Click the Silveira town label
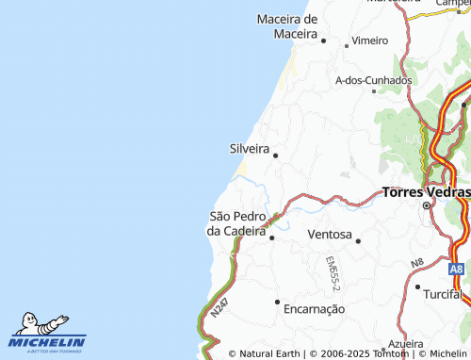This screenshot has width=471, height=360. pos(250,149)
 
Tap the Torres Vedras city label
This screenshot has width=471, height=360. pos(427,192)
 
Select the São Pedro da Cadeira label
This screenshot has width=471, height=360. pos(237,223)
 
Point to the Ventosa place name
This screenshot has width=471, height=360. pos(329,234)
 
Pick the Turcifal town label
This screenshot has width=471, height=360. pos(447,295)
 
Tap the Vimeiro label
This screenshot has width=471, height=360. pos(369,41)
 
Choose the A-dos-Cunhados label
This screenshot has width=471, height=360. pos(374,80)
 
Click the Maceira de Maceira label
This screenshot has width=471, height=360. pos(288,26)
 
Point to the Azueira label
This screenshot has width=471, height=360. pos(405,345)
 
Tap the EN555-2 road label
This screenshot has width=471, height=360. pos(333,271)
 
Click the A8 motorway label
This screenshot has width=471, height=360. pos(456,270)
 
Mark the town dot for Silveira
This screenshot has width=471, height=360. pos(275,155)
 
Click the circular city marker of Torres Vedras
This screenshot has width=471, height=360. pos(426,205)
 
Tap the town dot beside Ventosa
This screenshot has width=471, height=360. pos(358,241)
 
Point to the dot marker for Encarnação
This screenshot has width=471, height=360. pos(277,302)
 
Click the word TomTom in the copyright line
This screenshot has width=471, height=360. pos(391,353)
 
